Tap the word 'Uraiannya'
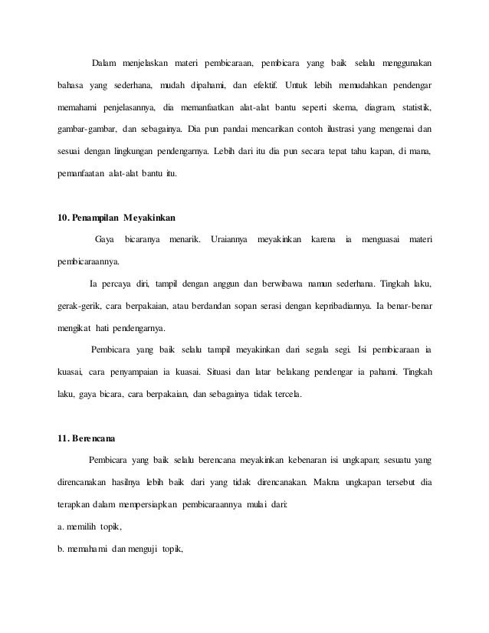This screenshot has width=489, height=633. pos(228,240)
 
